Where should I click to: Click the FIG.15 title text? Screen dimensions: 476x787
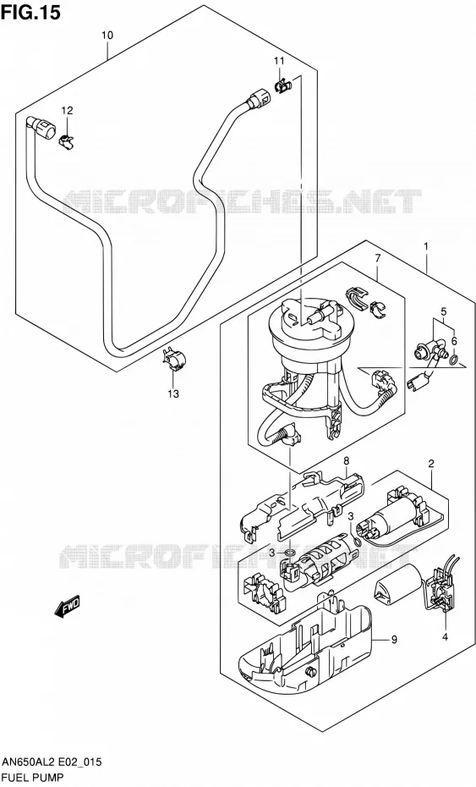click(30, 12)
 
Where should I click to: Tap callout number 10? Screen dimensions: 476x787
click(107, 36)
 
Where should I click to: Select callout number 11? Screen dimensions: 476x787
click(279, 61)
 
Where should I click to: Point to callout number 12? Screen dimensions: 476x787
click(67, 110)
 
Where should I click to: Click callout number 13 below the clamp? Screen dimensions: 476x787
click(173, 394)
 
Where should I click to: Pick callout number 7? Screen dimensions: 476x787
click(378, 258)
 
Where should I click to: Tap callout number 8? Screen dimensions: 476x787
click(346, 460)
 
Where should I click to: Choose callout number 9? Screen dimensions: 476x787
click(394, 640)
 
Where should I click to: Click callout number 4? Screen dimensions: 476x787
click(445, 637)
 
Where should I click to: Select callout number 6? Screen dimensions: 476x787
click(454, 341)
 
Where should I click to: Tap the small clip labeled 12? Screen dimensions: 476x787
click(66, 141)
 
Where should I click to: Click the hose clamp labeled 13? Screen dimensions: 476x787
click(173, 360)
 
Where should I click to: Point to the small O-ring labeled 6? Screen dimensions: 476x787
click(453, 359)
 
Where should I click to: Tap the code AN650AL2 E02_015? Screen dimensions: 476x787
click(52, 762)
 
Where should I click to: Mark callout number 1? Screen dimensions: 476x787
click(426, 246)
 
